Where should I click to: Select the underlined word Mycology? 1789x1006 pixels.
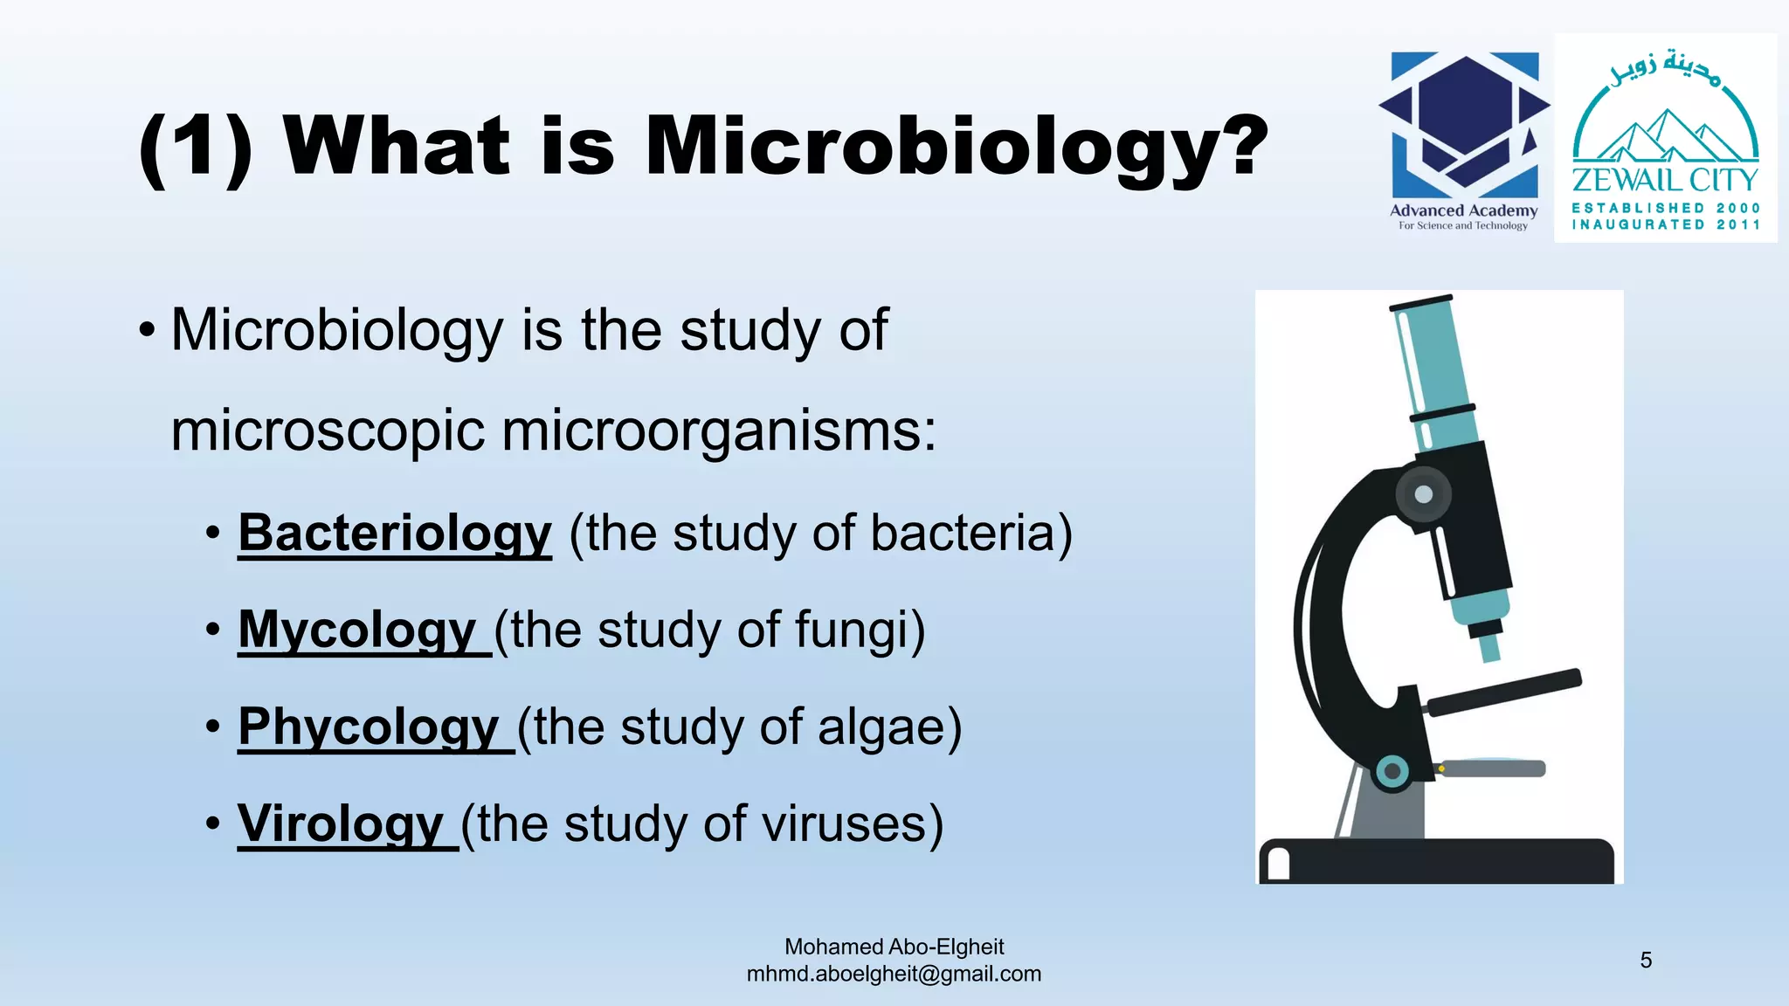click(357, 630)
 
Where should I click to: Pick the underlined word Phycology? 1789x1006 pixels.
click(369, 727)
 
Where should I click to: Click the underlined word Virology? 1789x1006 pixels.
click(341, 823)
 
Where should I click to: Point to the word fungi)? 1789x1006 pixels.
click(860, 630)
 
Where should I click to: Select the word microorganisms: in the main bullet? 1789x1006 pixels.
click(554, 431)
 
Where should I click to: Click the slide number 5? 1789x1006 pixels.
click(1646, 961)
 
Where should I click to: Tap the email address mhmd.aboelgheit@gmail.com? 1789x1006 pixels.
click(894, 974)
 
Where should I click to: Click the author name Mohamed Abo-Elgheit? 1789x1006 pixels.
click(894, 947)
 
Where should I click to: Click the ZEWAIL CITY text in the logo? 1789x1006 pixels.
click(1665, 180)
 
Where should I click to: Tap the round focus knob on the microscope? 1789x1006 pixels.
click(1423, 494)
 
